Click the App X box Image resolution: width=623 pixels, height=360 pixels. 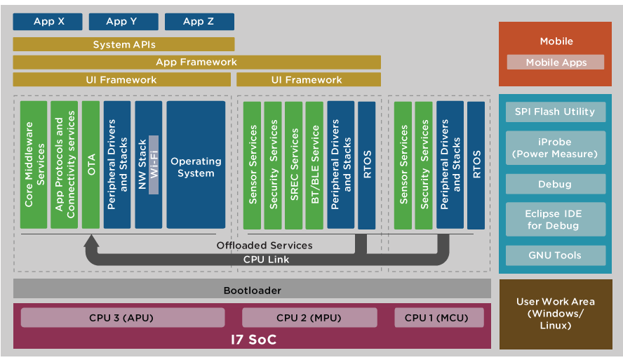click(48, 22)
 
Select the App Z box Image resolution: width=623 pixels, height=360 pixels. click(199, 22)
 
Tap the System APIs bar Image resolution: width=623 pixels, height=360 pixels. click(123, 45)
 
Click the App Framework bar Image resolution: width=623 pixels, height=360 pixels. click(196, 62)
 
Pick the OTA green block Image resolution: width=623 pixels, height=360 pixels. click(91, 164)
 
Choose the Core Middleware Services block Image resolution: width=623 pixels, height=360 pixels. click(34, 164)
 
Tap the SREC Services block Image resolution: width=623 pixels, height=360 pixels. click(295, 164)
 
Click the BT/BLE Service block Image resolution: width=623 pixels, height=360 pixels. click(315, 164)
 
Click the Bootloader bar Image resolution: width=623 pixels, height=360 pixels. click(252, 289)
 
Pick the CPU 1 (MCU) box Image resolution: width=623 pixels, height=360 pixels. click(438, 318)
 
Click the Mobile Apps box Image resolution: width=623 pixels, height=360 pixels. click(556, 62)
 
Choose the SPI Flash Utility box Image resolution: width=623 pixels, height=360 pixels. click(554, 112)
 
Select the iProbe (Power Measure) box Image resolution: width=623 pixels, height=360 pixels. click(554, 147)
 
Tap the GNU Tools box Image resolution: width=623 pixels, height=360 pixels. click(554, 255)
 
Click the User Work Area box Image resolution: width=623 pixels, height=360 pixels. click(555, 314)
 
